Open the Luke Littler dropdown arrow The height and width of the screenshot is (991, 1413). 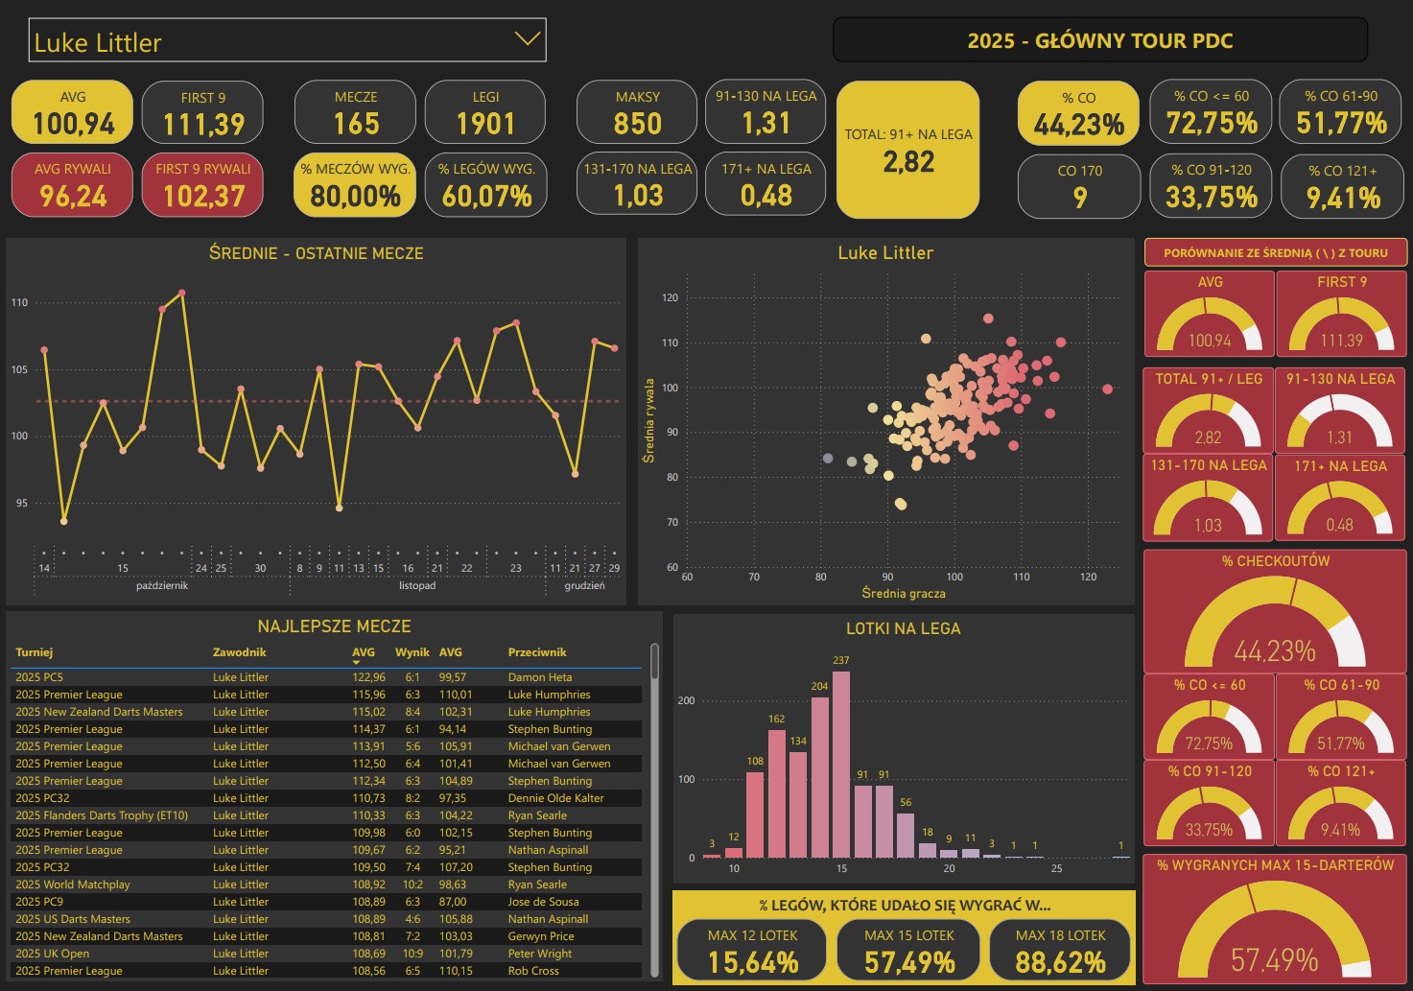coord(527,39)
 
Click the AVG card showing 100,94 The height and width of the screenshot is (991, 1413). coord(73,113)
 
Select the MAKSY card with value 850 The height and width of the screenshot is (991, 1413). coord(637,113)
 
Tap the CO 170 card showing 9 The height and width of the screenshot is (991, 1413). coord(1079,186)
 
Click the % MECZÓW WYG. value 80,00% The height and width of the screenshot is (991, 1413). coord(355,197)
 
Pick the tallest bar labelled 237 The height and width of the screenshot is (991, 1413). coord(841,764)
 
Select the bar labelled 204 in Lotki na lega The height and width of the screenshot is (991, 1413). coord(820,776)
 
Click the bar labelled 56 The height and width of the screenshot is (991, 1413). coord(906,835)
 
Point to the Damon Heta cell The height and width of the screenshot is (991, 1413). coord(540,677)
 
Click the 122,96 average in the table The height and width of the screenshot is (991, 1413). coord(368,677)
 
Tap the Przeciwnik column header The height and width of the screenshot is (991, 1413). coord(537,652)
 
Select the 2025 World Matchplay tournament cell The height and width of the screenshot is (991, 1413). coord(73,885)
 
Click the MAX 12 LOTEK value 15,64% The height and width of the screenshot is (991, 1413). coord(753,962)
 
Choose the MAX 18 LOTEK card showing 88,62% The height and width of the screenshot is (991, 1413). coord(1060,950)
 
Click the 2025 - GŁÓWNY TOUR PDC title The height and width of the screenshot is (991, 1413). coord(1099,40)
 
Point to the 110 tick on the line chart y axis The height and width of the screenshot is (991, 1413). coord(19,303)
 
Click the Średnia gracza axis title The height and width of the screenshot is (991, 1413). coord(903,594)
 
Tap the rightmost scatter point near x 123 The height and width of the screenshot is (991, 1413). coord(1108,389)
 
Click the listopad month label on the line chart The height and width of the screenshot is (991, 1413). coord(417,586)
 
